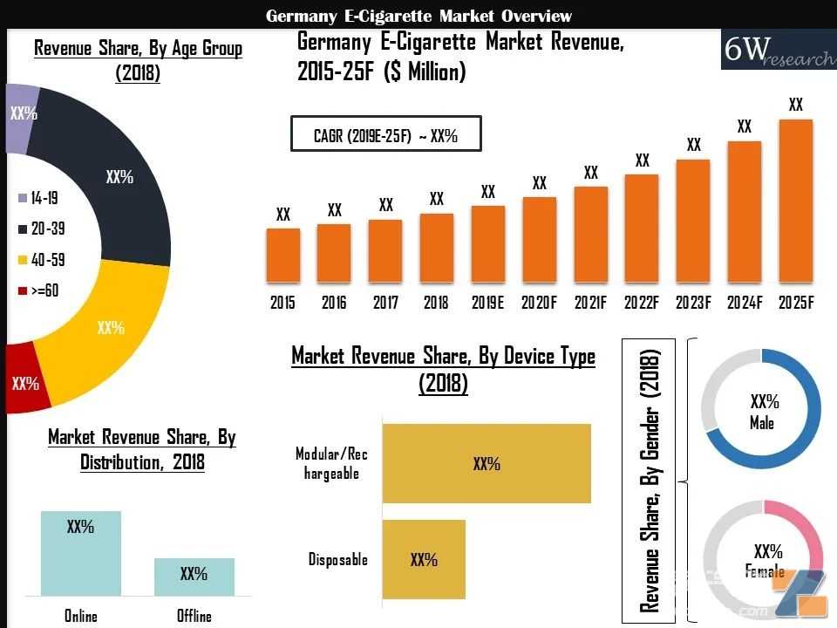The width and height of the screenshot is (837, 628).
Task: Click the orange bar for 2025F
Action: pyautogui.click(x=795, y=201)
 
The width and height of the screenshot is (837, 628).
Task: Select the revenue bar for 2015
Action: pyautogui.click(x=282, y=256)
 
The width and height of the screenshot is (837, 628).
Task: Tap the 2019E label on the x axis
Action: pyautogui.click(x=487, y=303)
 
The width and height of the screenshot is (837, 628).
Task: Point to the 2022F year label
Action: pyautogui.click(x=642, y=303)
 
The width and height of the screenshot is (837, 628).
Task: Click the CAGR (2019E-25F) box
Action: pyautogui.click(x=386, y=133)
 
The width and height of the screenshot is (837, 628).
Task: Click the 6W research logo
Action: pyautogui.click(x=779, y=50)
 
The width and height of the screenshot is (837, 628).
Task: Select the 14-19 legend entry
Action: pyautogui.click(x=37, y=198)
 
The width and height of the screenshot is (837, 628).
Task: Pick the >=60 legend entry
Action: pyautogui.click(x=37, y=290)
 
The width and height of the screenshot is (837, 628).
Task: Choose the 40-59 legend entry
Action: pyautogui.click(x=41, y=260)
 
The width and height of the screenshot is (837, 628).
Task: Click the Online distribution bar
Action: pyautogui.click(x=80, y=553)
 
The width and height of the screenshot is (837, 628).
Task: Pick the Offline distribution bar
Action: pyautogui.click(x=194, y=577)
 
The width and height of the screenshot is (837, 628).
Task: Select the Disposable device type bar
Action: pyautogui.click(x=424, y=559)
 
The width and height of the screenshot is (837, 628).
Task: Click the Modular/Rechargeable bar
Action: pyautogui.click(x=487, y=463)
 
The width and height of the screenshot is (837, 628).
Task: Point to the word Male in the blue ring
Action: pyautogui.click(x=762, y=423)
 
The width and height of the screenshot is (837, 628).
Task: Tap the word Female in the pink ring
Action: pyautogui.click(x=765, y=570)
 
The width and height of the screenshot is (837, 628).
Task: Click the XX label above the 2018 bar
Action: pyautogui.click(x=437, y=199)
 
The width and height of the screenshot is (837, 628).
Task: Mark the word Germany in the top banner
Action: pyautogui.click(x=301, y=16)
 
